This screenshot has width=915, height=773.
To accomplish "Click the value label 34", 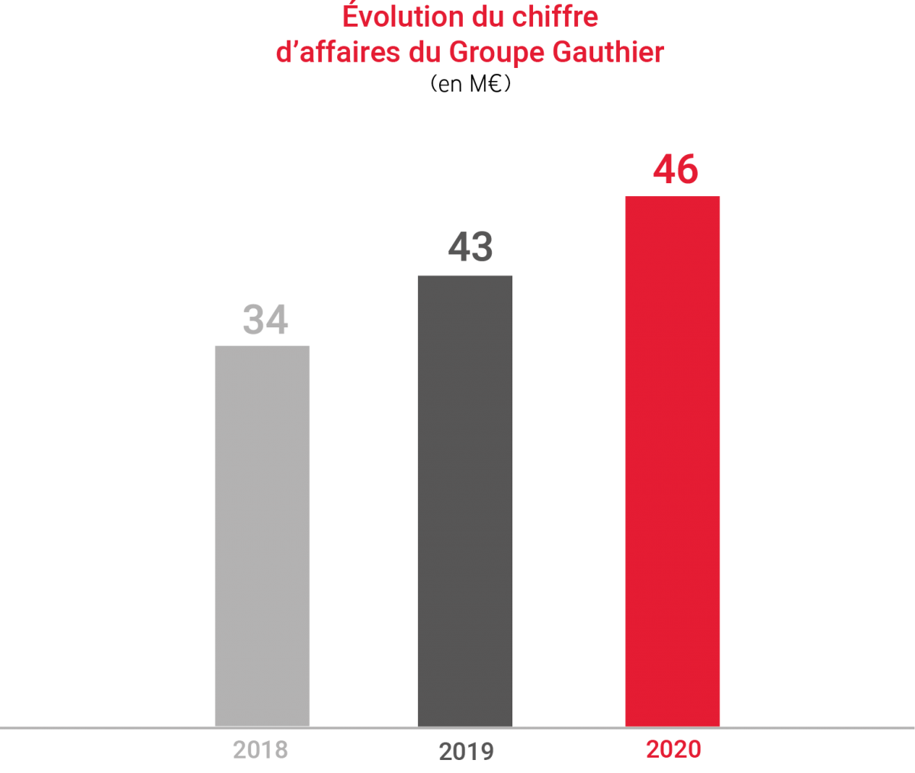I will [x=265, y=320].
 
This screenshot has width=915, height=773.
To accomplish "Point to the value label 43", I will [x=470, y=248].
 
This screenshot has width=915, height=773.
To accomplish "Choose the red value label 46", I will [x=676, y=169].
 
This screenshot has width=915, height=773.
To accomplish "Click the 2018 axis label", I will [x=261, y=750].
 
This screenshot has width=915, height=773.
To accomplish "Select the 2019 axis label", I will [x=467, y=752].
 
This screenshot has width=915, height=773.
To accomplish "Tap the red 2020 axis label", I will [x=673, y=749].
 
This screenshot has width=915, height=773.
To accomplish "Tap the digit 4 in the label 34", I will [x=277, y=320].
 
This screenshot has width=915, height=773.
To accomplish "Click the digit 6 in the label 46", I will [x=688, y=169].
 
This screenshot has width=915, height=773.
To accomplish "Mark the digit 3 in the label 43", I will [x=483, y=248].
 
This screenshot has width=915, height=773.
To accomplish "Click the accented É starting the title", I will [x=350, y=15].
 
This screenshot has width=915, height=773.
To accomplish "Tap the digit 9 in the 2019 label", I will [x=486, y=752].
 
